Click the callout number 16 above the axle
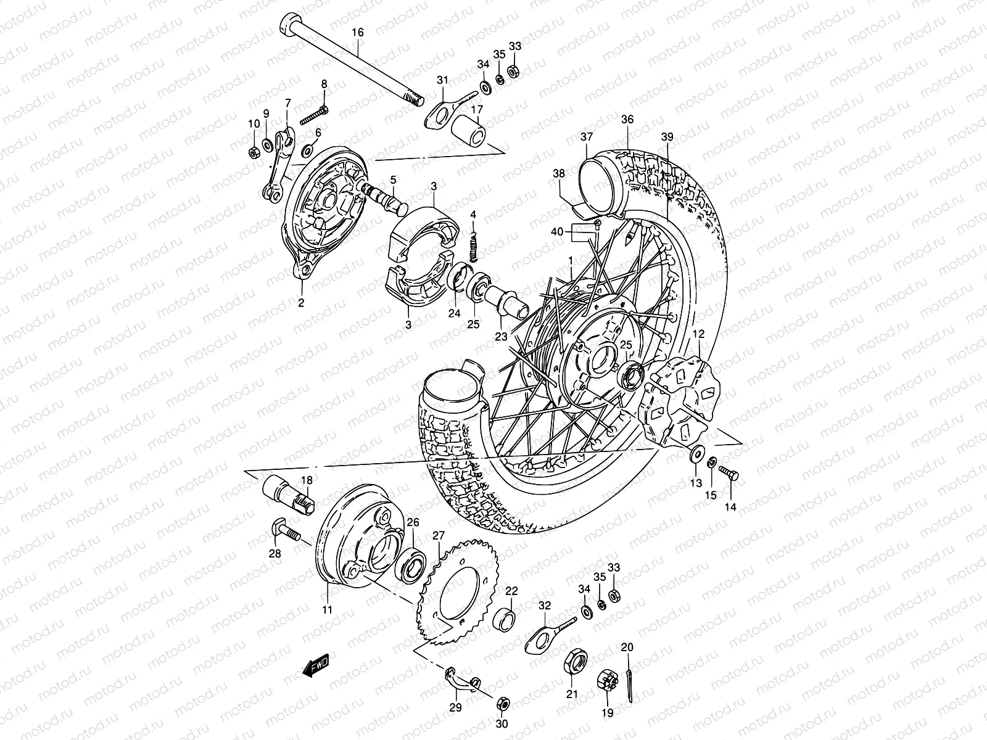point(358,32)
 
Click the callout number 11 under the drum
point(327,609)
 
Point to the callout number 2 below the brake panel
point(301,302)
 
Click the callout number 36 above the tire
point(627,120)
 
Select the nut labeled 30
point(503,704)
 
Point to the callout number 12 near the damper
point(698,334)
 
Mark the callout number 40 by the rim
point(557,232)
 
